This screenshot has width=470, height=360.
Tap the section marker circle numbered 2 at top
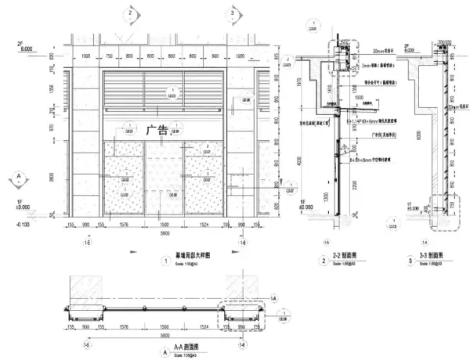(129, 13)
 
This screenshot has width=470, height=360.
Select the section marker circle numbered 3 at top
(233, 13)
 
